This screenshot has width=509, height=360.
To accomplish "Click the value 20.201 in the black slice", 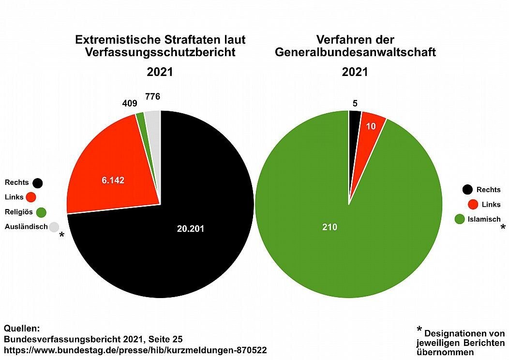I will pyautogui.click(x=191, y=229).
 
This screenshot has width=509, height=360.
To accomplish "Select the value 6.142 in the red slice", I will pyautogui.click(x=113, y=180).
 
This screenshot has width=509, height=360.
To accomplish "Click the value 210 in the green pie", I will pyautogui.click(x=329, y=226).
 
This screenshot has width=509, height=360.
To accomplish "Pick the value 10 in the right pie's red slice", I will pyautogui.click(x=370, y=126).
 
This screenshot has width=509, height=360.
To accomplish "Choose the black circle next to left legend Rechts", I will pyautogui.click(x=37, y=183).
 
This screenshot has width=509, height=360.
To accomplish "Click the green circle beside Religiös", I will pyautogui.click(x=41, y=212).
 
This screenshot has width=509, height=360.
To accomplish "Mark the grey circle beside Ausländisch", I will pyautogui.click(x=54, y=226).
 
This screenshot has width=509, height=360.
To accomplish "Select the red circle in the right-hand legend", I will pyautogui.click(x=473, y=204).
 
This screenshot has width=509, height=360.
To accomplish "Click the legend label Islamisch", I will pyautogui.click(x=484, y=219).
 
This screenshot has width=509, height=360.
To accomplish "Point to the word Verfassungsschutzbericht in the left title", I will pyautogui.click(x=160, y=52).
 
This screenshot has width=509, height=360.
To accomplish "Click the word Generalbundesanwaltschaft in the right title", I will pyautogui.click(x=355, y=52).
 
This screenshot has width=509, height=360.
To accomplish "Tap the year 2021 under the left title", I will pyautogui.click(x=160, y=72).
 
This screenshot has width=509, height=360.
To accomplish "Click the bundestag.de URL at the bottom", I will pyautogui.click(x=135, y=349).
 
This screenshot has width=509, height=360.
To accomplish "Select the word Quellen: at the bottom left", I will pyautogui.click(x=22, y=328).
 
